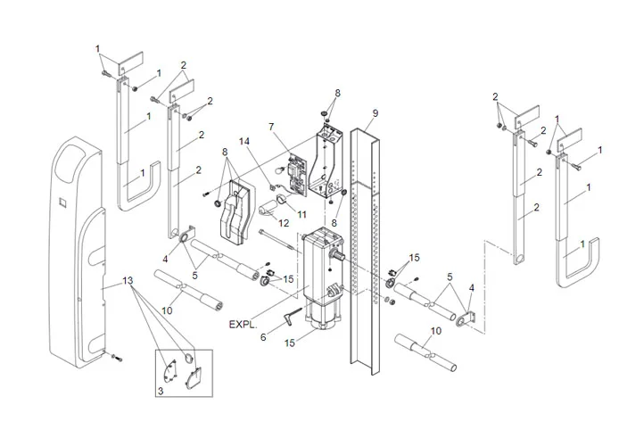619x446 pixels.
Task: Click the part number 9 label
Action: coord(376,113)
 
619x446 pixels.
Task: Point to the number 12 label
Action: coord(285,222)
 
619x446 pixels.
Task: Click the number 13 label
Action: coord(128,280)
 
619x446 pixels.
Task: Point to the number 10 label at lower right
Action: coord(433,331)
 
